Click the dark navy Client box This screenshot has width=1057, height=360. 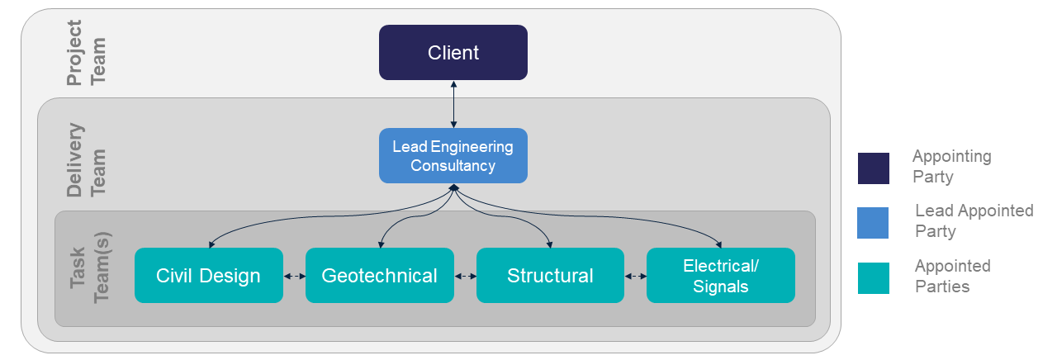point(453,53)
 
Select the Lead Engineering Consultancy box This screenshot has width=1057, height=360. point(453,155)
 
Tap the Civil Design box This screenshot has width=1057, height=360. point(208,276)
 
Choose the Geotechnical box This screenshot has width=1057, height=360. point(379,276)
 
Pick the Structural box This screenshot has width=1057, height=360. point(550,276)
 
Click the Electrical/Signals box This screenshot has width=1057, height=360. point(720,276)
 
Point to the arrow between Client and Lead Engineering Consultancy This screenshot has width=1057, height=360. point(453,104)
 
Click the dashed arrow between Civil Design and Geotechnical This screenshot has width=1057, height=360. point(294,276)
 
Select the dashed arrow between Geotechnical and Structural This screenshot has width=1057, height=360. point(465,276)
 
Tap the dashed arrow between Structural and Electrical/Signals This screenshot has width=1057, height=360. point(635,276)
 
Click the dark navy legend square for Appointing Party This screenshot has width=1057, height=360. point(874,168)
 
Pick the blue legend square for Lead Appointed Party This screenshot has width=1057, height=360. point(874,223)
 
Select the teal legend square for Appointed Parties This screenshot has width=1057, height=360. point(874,278)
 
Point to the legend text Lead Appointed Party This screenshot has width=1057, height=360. point(974,221)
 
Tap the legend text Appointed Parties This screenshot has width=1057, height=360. point(952,277)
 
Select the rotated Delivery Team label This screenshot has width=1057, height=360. point(86,160)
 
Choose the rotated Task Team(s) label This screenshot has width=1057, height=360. point(89,267)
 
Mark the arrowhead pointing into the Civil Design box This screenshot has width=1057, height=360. point(211,245)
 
